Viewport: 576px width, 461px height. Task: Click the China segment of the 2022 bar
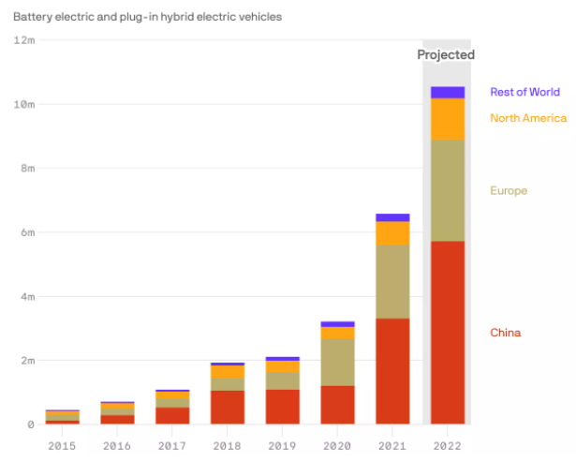[x=447, y=333]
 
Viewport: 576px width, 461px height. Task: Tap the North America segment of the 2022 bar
[x=447, y=119]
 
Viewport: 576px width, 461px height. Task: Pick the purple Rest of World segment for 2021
[x=391, y=217]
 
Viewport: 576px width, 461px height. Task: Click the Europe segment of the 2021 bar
[x=391, y=281]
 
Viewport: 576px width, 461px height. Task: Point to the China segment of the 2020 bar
[x=337, y=405]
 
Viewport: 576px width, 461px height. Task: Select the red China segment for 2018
[x=227, y=407]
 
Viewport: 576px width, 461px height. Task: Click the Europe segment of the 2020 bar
[x=337, y=362]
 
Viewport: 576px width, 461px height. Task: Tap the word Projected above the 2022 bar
[x=446, y=55]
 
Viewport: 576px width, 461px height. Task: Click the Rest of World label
[x=524, y=92]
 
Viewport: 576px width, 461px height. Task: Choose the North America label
[x=528, y=118]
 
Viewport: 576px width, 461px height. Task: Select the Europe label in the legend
[x=509, y=191]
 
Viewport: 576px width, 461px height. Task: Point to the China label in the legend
[x=506, y=333]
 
